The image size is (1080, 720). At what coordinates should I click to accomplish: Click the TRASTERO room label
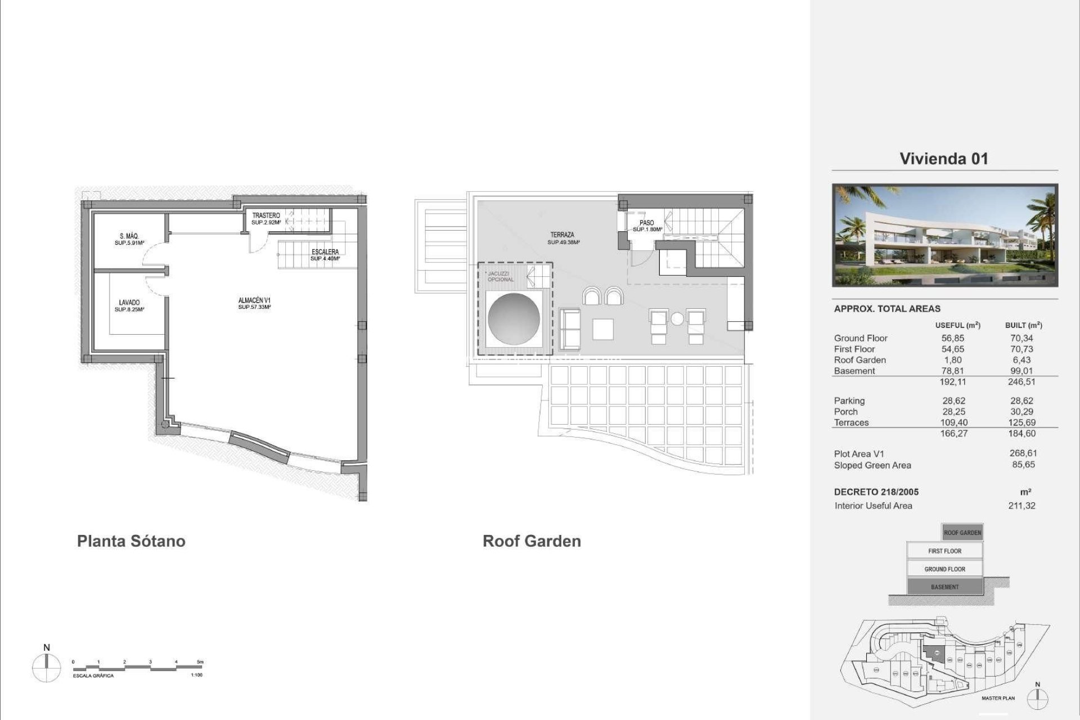pyautogui.click(x=266, y=216)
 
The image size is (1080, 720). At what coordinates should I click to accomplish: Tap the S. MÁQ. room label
pyautogui.click(x=129, y=237)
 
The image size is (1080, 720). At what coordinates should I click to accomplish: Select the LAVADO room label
pyautogui.click(x=129, y=303)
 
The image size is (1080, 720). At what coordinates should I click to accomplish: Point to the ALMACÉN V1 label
pyautogui.click(x=254, y=301)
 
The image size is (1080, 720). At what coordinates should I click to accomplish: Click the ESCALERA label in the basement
pyautogui.click(x=325, y=252)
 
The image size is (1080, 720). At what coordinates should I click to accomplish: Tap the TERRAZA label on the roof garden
pyautogui.click(x=562, y=235)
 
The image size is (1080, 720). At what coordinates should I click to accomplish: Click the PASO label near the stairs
pyautogui.click(x=647, y=223)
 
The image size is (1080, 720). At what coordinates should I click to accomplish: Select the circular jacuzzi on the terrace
pyautogui.click(x=514, y=319)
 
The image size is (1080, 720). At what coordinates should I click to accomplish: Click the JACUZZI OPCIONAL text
pyautogui.click(x=501, y=276)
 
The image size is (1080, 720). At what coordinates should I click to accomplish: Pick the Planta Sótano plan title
pyautogui.click(x=131, y=541)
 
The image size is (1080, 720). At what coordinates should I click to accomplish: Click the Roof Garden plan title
pyautogui.click(x=532, y=541)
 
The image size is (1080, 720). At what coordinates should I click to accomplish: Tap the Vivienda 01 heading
pyautogui.click(x=944, y=159)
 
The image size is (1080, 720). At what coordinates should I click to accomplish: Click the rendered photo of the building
pyautogui.click(x=945, y=235)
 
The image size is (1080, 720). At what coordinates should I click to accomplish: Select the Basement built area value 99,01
pyautogui.click(x=1021, y=371)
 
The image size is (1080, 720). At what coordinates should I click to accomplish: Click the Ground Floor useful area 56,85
pyautogui.click(x=953, y=338)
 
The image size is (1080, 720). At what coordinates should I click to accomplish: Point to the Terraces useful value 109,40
pyautogui.click(x=954, y=422)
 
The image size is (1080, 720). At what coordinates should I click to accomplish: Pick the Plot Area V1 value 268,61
pyautogui.click(x=1023, y=453)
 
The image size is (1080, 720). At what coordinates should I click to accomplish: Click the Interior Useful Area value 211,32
pyautogui.click(x=1021, y=506)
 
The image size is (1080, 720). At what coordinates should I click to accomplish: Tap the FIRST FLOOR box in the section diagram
pyautogui.click(x=944, y=551)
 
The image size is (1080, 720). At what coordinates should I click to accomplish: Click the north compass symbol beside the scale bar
pyautogui.click(x=47, y=669)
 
